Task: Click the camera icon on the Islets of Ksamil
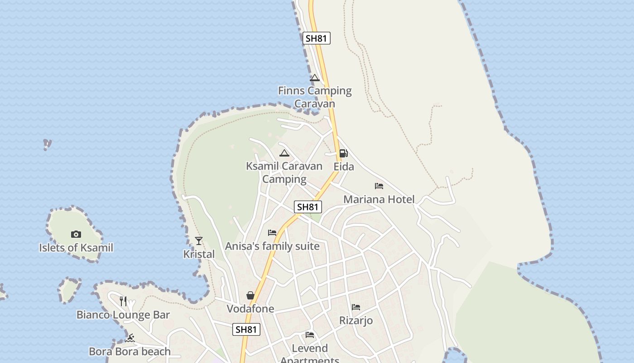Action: point(76,234)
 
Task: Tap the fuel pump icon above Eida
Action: point(344,153)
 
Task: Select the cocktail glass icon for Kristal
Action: point(199,240)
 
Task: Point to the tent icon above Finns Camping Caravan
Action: point(315,78)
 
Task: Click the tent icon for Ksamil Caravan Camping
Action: point(284,153)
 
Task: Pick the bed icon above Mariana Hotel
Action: point(379,186)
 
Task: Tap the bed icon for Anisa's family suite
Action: point(272,233)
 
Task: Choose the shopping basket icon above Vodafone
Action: point(250,296)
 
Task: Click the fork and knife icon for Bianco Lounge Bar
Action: point(123,301)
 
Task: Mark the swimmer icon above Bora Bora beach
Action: point(130,338)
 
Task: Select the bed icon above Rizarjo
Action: point(356,307)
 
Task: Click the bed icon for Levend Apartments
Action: point(310,335)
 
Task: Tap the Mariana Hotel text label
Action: point(379,199)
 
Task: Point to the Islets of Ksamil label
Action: point(76,248)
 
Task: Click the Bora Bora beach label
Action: point(130,351)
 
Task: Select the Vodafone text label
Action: point(250,309)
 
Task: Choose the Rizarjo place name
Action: point(356,320)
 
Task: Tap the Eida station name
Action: point(344,167)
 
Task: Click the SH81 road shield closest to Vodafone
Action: point(246,329)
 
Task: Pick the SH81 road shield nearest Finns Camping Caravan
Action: point(316,38)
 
